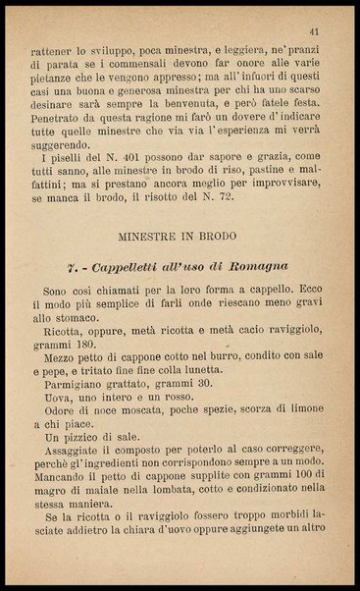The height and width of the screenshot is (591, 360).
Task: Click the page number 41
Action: pyautogui.click(x=313, y=31)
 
